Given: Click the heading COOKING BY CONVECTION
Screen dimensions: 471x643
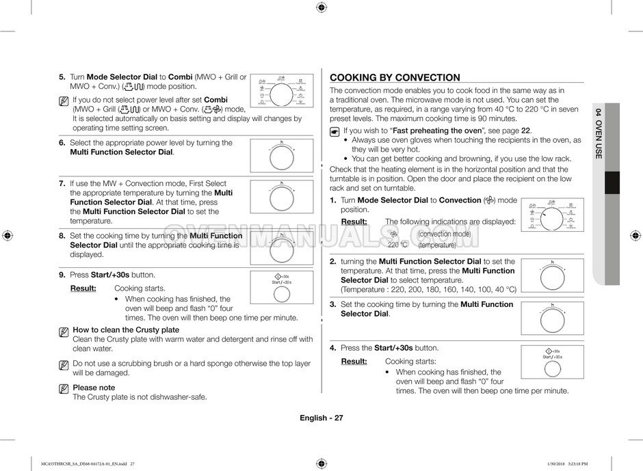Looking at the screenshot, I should [x=395, y=78].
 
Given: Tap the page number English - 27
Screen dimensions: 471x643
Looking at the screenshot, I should [x=321, y=418].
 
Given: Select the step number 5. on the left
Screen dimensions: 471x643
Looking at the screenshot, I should [x=62, y=77].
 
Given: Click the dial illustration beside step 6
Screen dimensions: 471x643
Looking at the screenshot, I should [x=281, y=157].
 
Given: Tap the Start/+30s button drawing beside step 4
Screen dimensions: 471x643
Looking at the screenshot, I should [x=552, y=363].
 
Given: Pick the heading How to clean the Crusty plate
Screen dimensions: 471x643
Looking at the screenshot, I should [x=126, y=330].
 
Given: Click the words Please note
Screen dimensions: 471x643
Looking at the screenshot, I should [x=94, y=388].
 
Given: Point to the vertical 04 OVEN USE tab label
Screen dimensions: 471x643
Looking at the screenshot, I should [x=598, y=133].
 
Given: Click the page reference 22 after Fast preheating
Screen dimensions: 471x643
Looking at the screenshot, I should [x=526, y=131].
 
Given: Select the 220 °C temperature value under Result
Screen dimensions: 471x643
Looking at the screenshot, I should [x=397, y=245].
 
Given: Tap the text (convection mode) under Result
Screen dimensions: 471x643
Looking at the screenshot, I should [x=444, y=234].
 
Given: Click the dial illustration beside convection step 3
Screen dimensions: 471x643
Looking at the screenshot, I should [x=552, y=317].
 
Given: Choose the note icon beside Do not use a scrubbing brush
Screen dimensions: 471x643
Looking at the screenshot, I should [x=64, y=365].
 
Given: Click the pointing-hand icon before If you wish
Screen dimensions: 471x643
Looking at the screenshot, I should [x=334, y=131].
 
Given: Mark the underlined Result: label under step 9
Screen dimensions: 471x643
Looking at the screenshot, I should [x=83, y=288].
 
